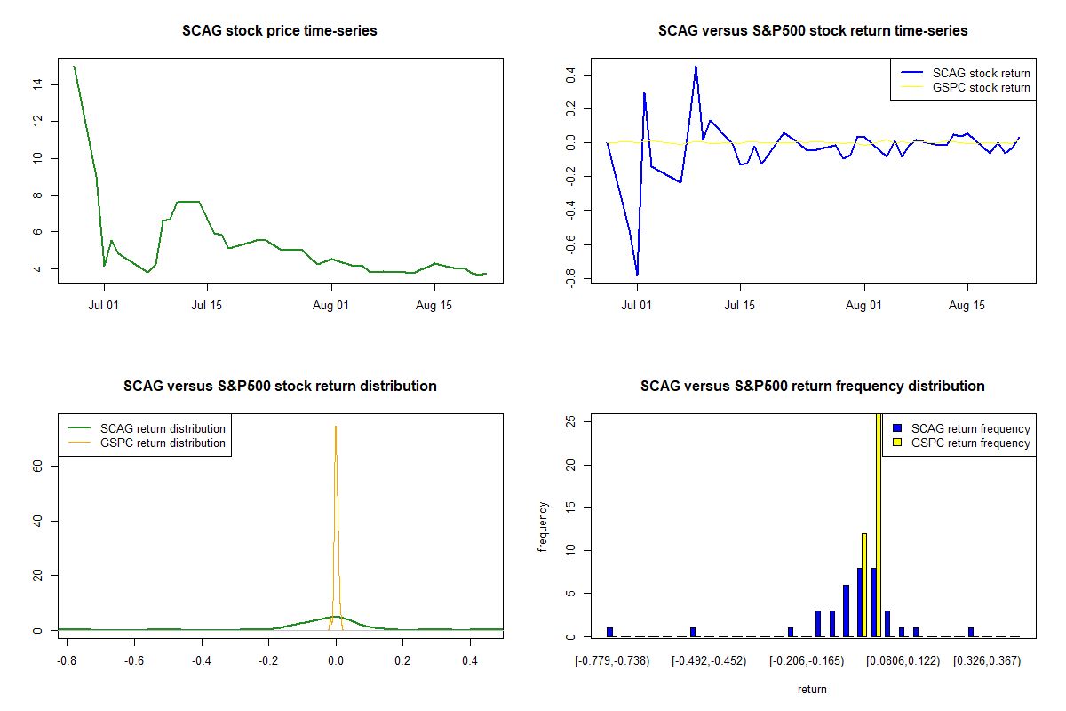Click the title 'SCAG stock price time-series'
click(280, 31)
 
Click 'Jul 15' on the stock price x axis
click(207, 305)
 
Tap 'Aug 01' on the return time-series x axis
click(864, 305)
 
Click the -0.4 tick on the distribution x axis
click(202, 660)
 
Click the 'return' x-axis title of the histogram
click(812, 689)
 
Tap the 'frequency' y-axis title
click(544, 526)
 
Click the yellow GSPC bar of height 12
click(864, 585)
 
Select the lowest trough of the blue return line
click(637, 275)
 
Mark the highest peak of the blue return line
click(696, 67)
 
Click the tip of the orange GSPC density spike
click(336, 427)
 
